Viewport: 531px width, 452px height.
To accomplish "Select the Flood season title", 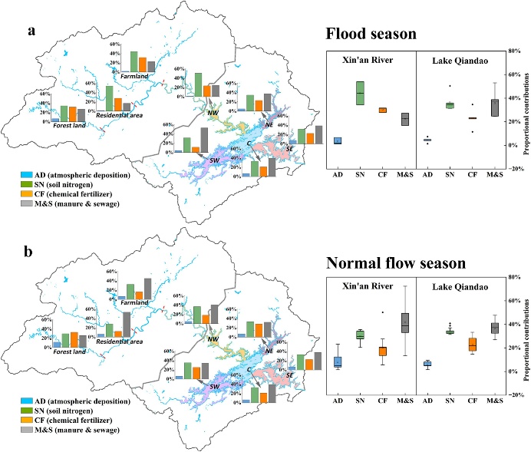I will (371, 34).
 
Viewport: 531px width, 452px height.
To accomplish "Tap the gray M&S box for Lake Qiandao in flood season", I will (494, 107).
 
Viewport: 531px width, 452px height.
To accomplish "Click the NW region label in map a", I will (212, 113).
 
